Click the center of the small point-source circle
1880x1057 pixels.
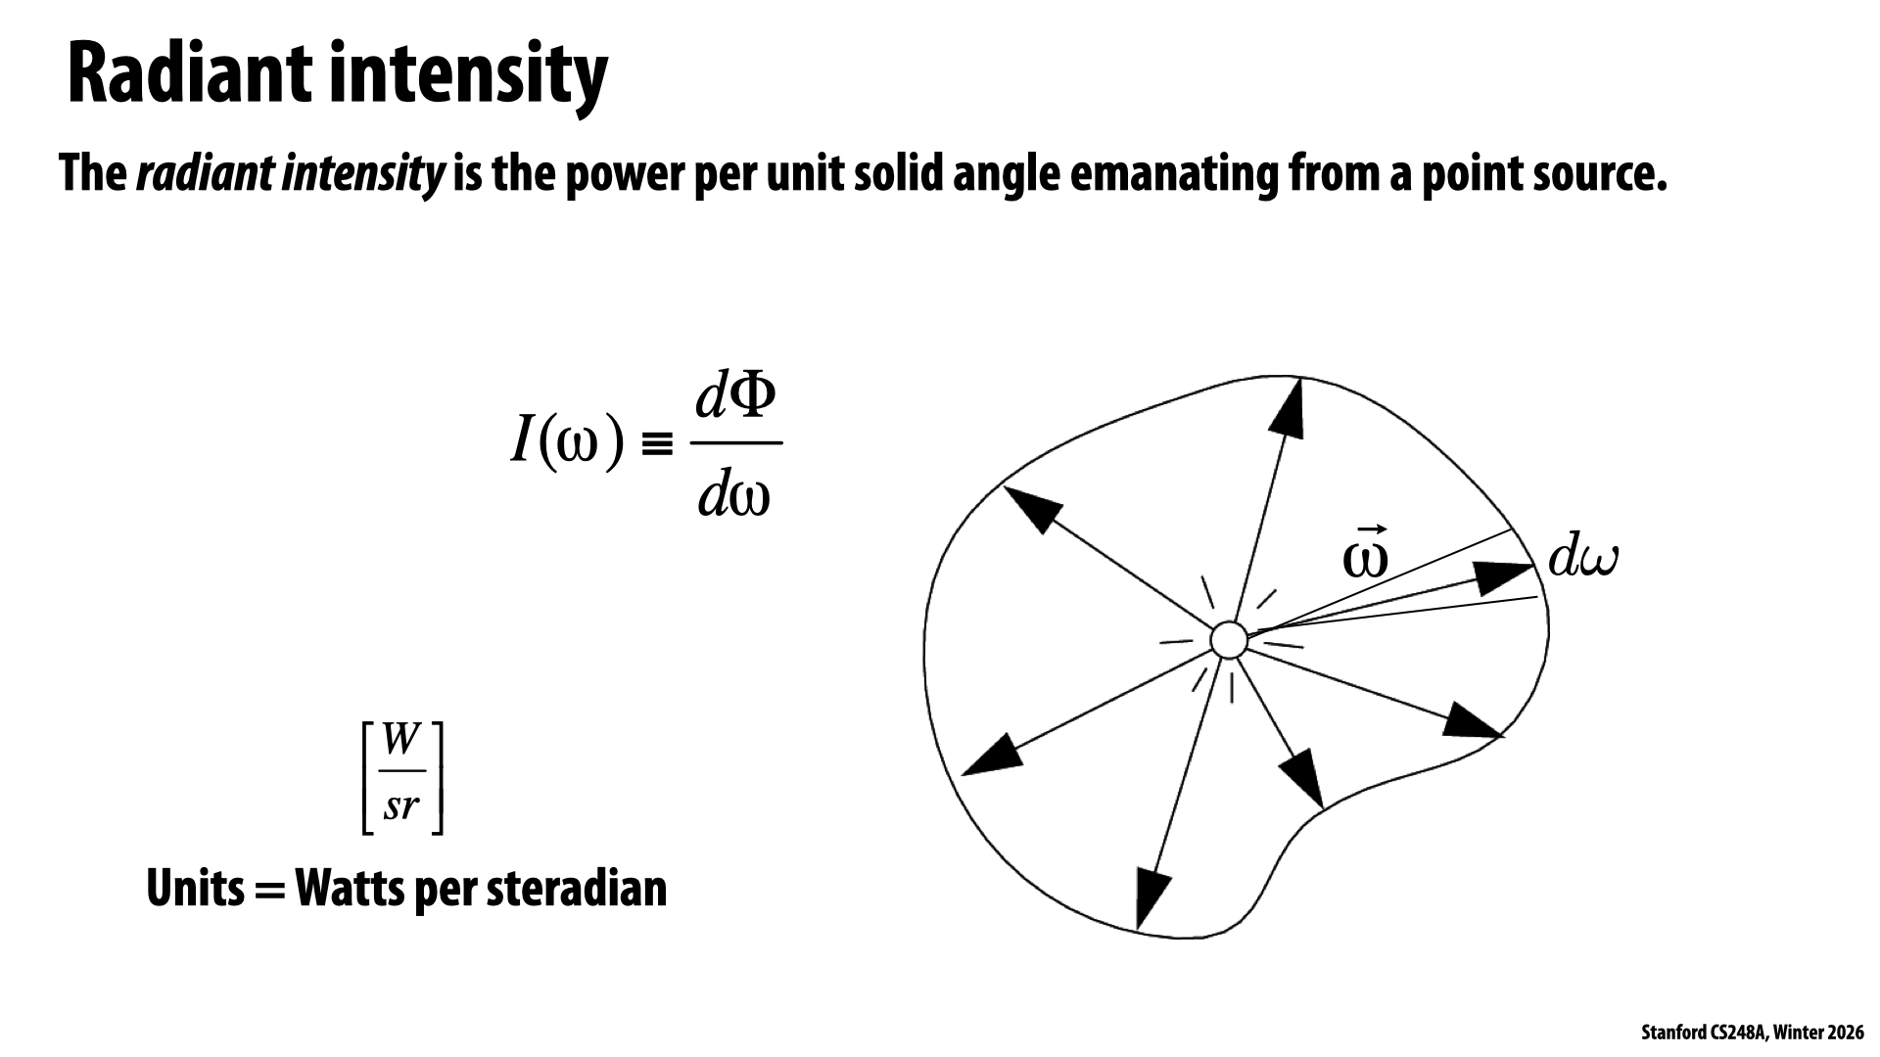[x=1228, y=641]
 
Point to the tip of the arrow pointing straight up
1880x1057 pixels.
[x=1300, y=379]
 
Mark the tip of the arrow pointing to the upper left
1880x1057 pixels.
[x=1005, y=486]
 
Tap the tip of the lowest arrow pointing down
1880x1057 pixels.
[x=1140, y=928]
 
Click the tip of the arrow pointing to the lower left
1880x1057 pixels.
[x=963, y=775]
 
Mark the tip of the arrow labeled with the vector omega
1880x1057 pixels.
[x=1534, y=565]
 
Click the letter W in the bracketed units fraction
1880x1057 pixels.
[x=401, y=740]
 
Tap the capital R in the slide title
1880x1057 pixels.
[x=90, y=74]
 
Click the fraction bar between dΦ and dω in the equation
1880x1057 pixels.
[x=736, y=442]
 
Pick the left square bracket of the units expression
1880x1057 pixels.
[x=368, y=778]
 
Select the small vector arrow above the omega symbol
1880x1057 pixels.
[x=1366, y=528]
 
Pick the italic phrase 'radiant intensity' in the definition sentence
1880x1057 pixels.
[x=290, y=174]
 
